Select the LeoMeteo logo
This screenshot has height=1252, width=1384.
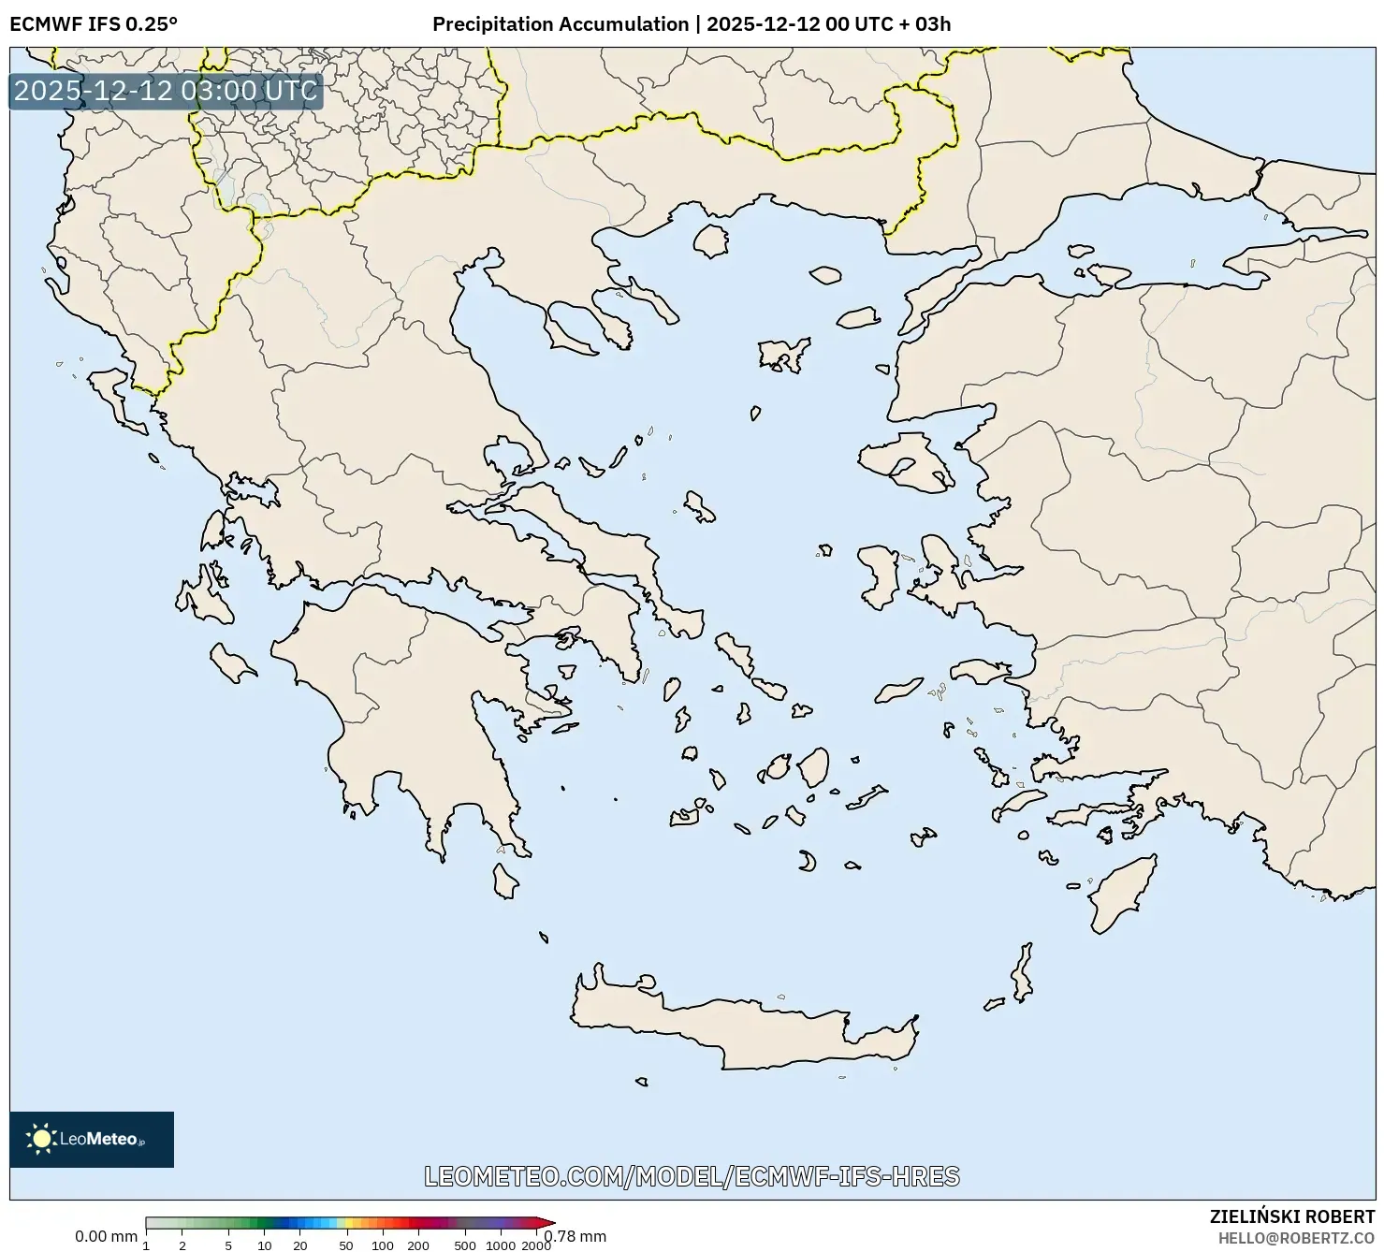tap(92, 1139)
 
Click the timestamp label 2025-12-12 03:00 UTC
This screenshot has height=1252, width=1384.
tap(166, 91)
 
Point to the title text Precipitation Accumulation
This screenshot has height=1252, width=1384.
tap(560, 24)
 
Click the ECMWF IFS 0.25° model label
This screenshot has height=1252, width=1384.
tap(94, 24)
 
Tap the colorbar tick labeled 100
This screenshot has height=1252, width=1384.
tap(383, 1245)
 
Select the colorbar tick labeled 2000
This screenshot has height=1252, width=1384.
tap(535, 1245)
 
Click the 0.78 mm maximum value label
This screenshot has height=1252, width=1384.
tap(576, 1236)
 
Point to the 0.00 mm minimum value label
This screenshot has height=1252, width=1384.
tap(106, 1236)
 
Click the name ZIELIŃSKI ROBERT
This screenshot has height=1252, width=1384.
tap(1291, 1216)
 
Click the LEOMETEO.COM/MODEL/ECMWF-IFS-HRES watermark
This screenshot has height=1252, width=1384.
tap(692, 1176)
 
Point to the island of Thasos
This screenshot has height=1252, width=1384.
tap(711, 240)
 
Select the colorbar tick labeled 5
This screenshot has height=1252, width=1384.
tap(228, 1245)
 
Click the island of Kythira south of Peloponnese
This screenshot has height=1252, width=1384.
tap(505, 881)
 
